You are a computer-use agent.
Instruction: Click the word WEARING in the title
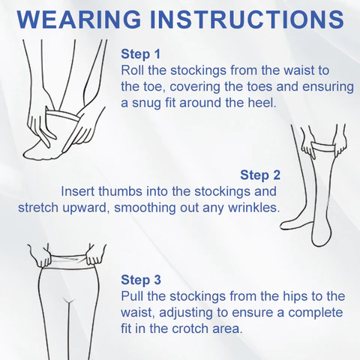[x=79, y=19]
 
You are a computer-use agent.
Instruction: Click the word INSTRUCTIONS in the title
[x=247, y=19]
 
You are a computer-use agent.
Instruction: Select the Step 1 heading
[x=140, y=54]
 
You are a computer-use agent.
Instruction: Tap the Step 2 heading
[x=260, y=175]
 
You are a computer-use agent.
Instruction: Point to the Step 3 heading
[x=141, y=280]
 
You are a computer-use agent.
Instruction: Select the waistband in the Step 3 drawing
[x=68, y=261]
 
